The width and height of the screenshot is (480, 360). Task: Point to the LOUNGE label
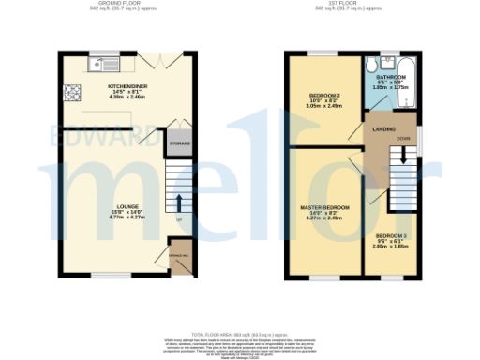click(x=127, y=205)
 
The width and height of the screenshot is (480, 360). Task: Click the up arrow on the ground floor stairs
click(x=179, y=201)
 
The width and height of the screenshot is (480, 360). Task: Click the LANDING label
click(x=382, y=128)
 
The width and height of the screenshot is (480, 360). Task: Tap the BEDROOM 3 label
click(x=391, y=235)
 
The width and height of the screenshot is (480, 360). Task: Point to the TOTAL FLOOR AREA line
click(x=240, y=333)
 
